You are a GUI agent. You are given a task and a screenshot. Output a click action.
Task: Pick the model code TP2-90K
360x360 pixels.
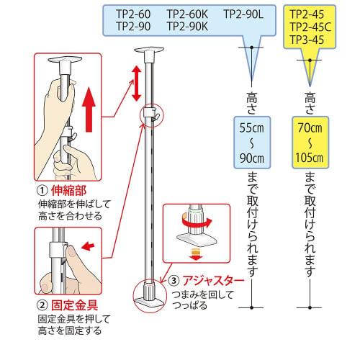point(188,26)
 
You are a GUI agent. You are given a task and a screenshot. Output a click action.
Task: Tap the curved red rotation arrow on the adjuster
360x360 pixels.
point(195,225)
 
